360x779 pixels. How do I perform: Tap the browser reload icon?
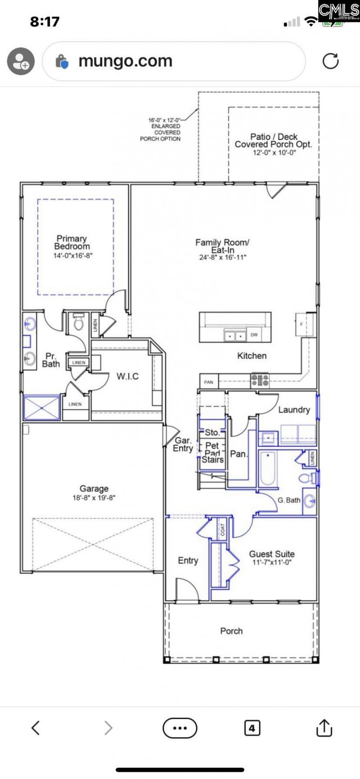pyautogui.click(x=330, y=61)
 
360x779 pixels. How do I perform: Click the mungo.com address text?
pyautogui.click(x=125, y=61)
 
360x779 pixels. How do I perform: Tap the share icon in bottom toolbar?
pyautogui.click(x=324, y=728)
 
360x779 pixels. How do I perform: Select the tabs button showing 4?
pyautogui.click(x=252, y=728)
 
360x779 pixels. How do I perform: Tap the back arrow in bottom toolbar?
pyautogui.click(x=36, y=728)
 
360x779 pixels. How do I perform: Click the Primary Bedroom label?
pyautogui.click(x=72, y=242)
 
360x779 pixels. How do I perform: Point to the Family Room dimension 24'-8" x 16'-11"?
pyautogui.click(x=223, y=258)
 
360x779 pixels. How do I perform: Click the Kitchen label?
pyautogui.click(x=252, y=356)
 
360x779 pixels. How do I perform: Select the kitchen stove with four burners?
pyautogui.click(x=260, y=380)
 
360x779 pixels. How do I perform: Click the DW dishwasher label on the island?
pyautogui.click(x=254, y=335)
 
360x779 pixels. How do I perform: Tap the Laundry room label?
pyautogui.click(x=294, y=410)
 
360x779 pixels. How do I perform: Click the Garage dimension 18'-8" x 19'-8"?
pyautogui.click(x=94, y=498)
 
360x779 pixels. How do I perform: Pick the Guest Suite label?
pyautogui.click(x=272, y=554)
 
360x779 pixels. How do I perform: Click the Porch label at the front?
pyautogui.click(x=231, y=631)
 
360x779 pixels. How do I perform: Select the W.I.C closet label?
pyautogui.click(x=127, y=376)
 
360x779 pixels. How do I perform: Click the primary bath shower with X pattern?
pyautogui.click(x=42, y=408)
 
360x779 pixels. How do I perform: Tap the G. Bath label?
pyautogui.click(x=288, y=500)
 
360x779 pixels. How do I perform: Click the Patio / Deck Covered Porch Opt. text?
pyautogui.click(x=273, y=140)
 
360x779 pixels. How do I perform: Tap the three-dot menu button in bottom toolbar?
pyautogui.click(x=180, y=728)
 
